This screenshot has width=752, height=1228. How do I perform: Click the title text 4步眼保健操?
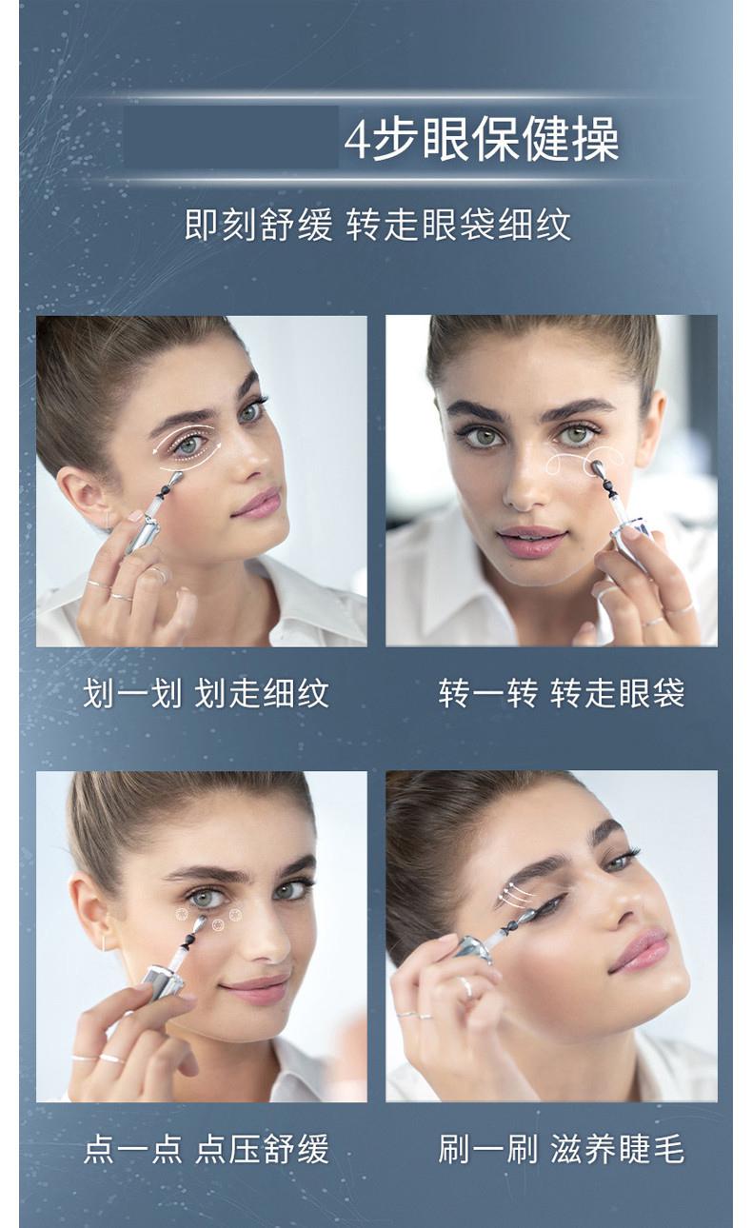[x=482, y=140]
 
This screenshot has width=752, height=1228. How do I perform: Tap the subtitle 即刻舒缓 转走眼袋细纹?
[x=377, y=225]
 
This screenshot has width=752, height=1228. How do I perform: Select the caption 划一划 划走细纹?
[x=206, y=694]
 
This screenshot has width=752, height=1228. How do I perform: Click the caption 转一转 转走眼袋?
[x=562, y=694]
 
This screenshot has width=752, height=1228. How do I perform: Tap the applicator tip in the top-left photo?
[x=175, y=479]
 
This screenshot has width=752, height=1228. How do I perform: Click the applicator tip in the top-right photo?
[x=595, y=467]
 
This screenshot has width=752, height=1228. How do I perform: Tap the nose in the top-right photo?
[x=524, y=483]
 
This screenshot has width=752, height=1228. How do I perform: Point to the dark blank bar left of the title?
[x=230, y=137]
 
